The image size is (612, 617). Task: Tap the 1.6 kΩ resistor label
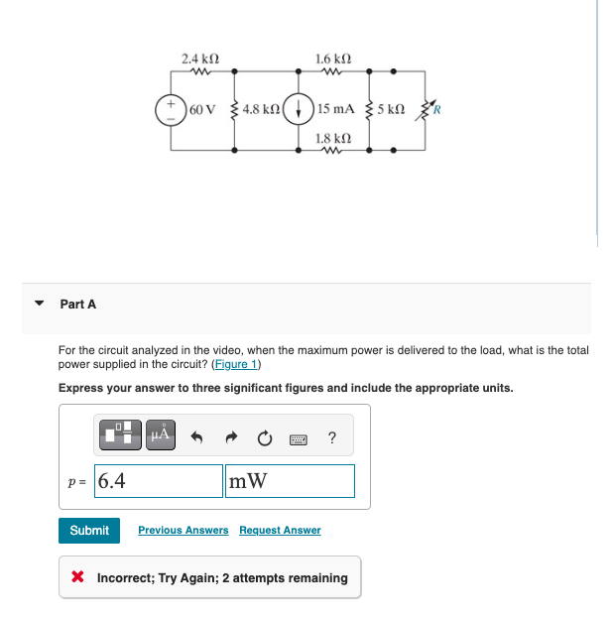click(x=331, y=59)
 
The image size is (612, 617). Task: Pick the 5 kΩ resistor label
click(x=391, y=107)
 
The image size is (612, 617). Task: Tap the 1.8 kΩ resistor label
click(x=331, y=138)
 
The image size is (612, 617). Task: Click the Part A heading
click(x=78, y=305)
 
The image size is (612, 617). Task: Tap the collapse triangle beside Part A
click(x=40, y=305)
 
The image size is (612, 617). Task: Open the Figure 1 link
click(x=238, y=364)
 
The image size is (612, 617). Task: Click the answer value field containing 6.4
click(x=159, y=481)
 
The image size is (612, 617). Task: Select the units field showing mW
click(x=290, y=481)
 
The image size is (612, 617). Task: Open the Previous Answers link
click(x=184, y=531)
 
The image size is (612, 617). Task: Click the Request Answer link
click(x=280, y=531)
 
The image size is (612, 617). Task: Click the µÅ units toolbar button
click(x=160, y=433)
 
